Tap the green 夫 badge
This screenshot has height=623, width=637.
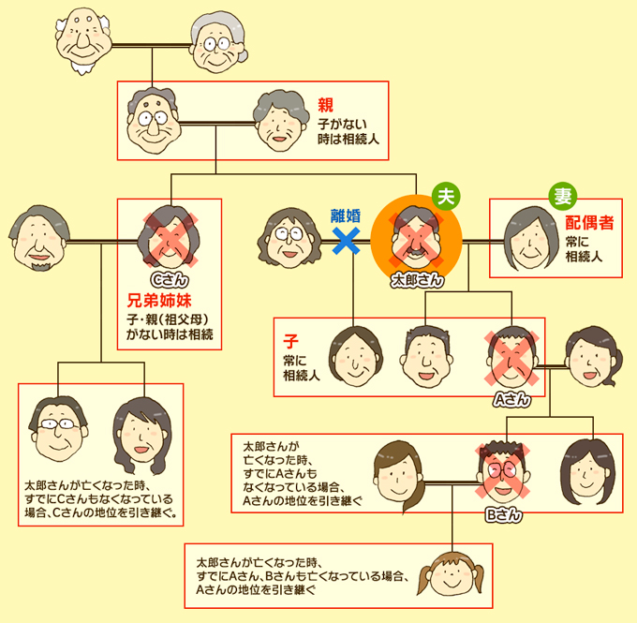tap(448, 197)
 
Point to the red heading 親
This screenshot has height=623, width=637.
tap(325, 104)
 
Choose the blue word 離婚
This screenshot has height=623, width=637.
tap(346, 215)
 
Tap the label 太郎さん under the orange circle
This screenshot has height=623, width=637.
tap(417, 279)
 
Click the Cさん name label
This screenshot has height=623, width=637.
tap(170, 279)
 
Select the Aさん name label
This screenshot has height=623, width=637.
tap(511, 399)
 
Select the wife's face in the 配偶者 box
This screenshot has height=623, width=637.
tap(529, 239)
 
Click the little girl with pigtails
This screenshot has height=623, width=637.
tap(451, 586)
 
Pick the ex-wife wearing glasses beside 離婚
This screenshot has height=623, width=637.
tap(291, 240)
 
